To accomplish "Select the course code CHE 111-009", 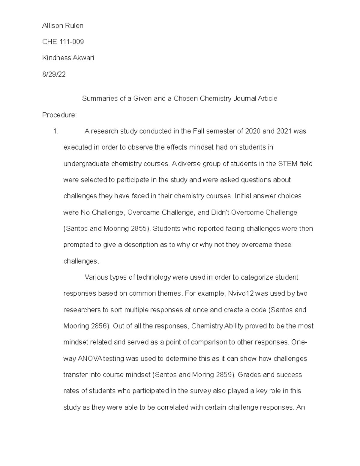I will click(63, 42).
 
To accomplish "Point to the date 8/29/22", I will click(54, 74).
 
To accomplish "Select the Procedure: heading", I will click(59, 115).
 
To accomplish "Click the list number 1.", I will click(55, 131).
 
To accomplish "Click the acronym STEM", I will click(288, 164).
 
